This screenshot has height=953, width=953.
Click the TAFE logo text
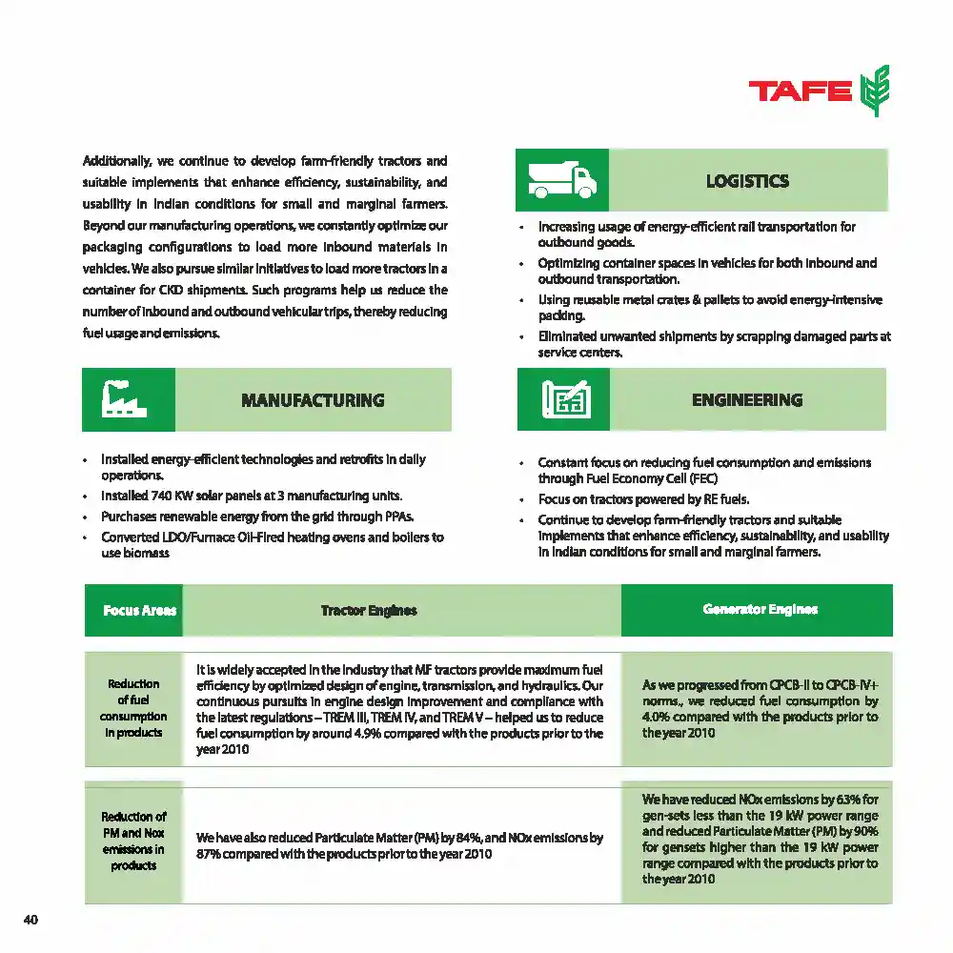point(800,91)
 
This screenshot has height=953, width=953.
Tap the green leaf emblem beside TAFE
point(874,91)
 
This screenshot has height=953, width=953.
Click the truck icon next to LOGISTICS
point(562,180)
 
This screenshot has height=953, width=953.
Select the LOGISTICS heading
point(747,181)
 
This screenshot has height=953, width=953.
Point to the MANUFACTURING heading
point(313,400)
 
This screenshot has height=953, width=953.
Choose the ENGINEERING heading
point(747,400)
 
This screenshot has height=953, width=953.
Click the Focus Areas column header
point(139,610)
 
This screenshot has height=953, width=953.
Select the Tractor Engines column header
point(369,610)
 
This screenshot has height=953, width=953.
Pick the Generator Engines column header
point(760,609)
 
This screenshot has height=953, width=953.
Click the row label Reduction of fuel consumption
point(133,708)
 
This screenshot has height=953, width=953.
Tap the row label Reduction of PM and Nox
point(133,841)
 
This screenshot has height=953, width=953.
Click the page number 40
point(30,920)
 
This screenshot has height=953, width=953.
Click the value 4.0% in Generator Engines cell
point(655,717)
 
